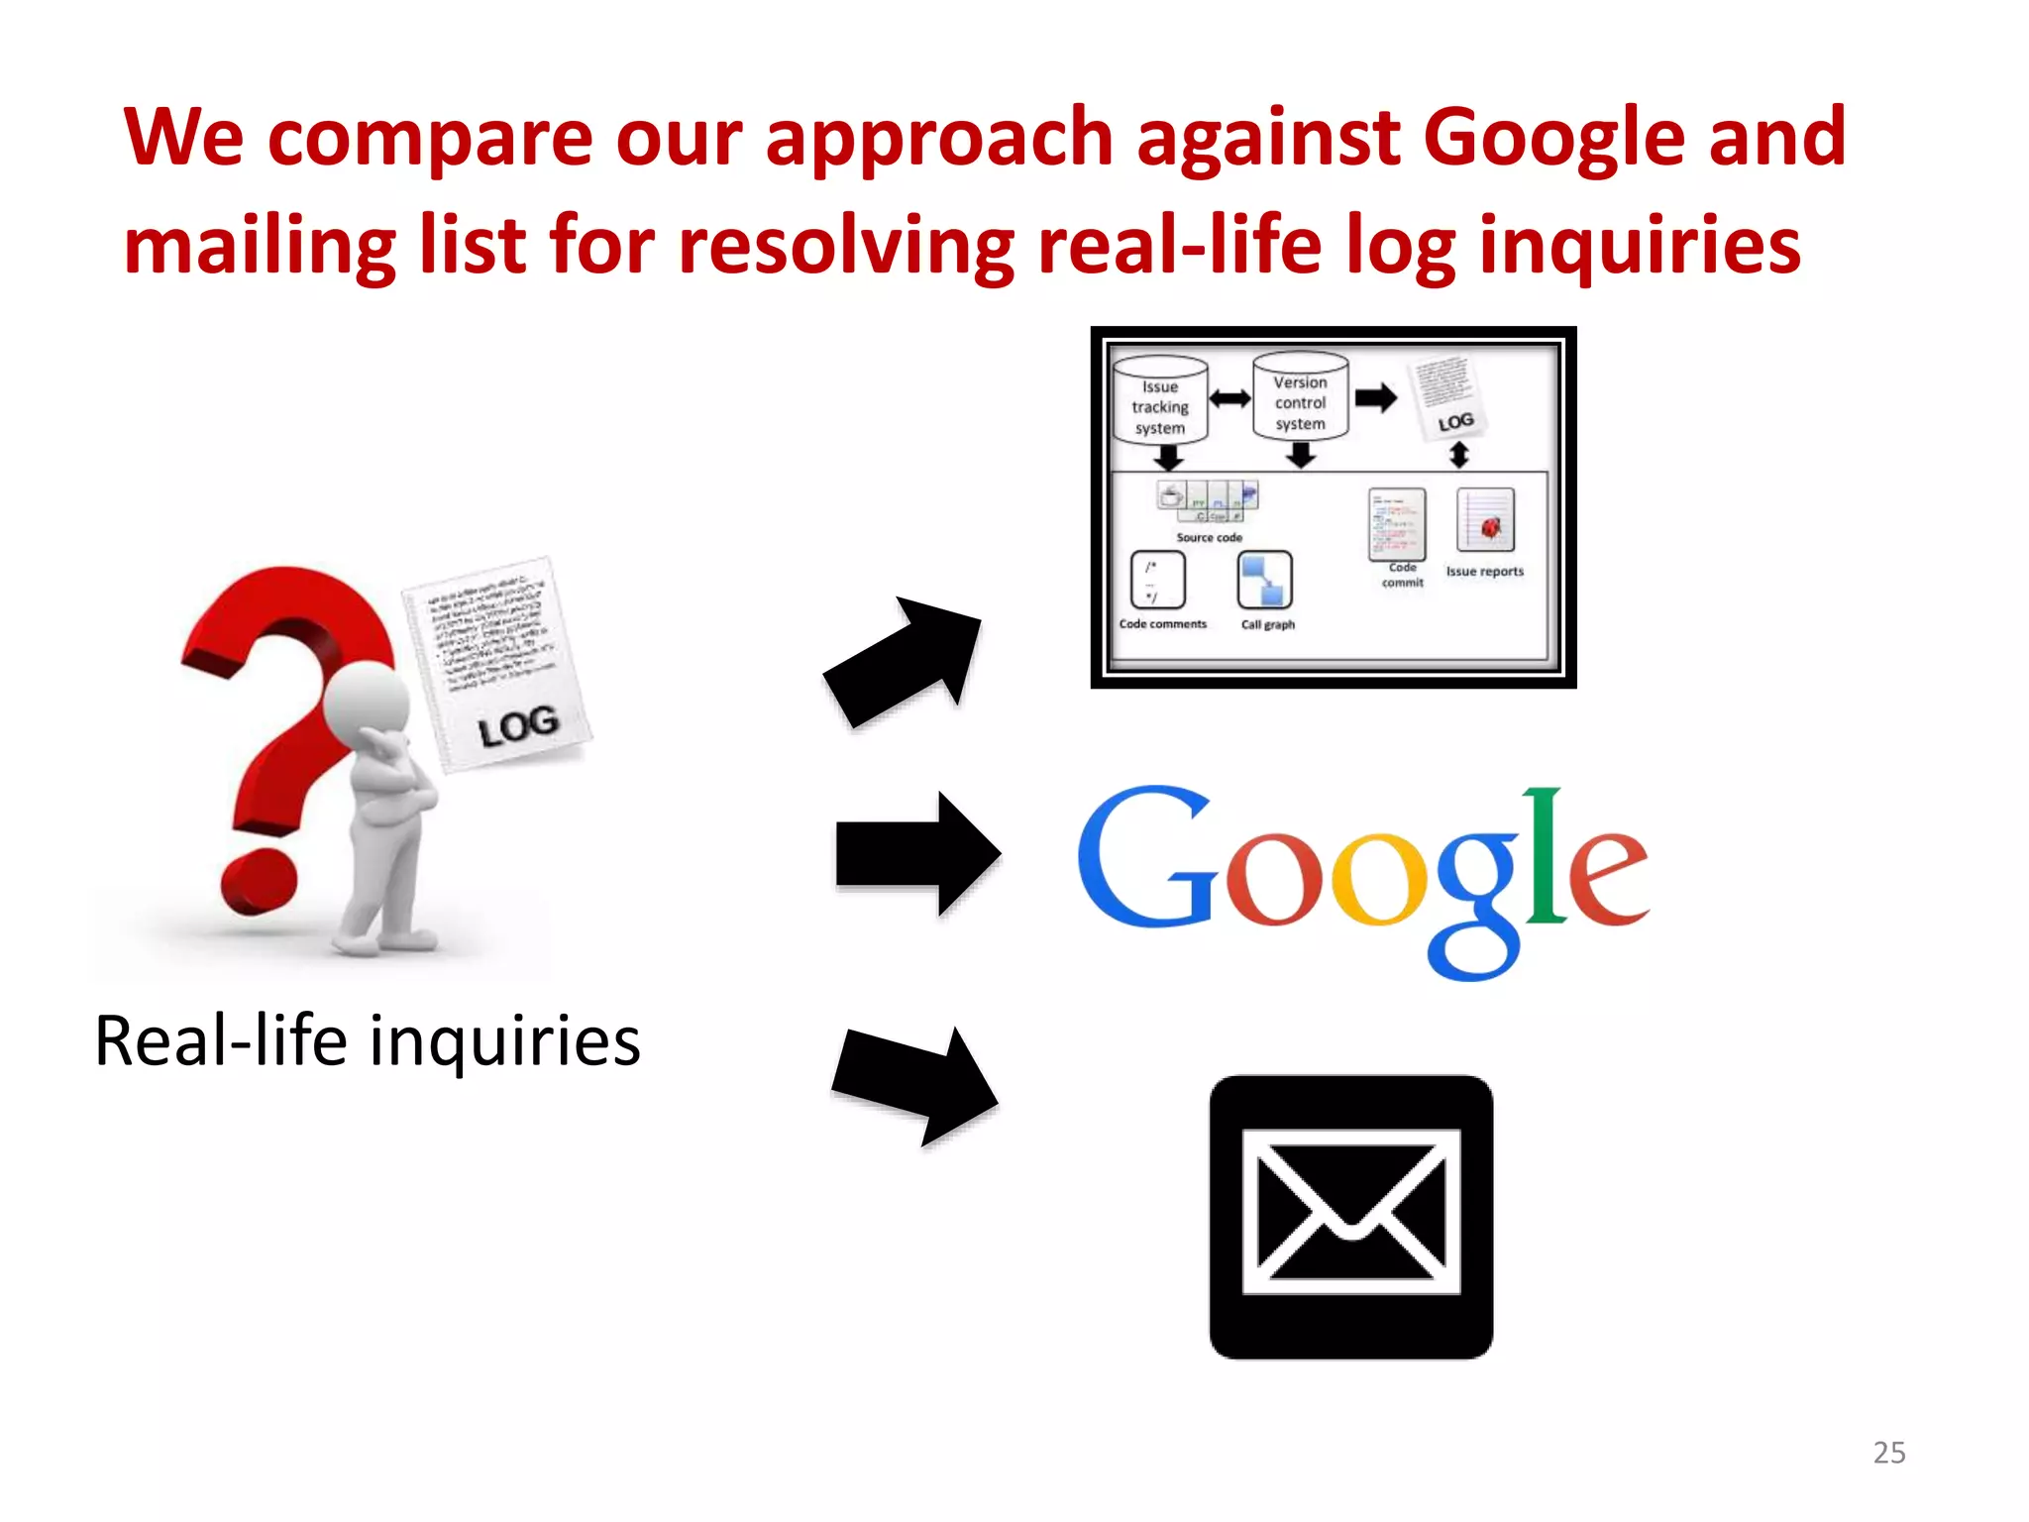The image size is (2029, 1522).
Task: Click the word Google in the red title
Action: click(x=1553, y=139)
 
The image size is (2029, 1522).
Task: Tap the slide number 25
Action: click(x=1888, y=1452)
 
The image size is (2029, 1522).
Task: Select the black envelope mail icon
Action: click(x=1350, y=1217)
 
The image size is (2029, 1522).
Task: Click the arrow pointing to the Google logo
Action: click(x=917, y=853)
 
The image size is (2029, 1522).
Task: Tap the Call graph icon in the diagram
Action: click(x=1265, y=581)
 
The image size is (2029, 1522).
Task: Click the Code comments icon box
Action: click(x=1157, y=580)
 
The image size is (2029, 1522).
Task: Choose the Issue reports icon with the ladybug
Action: click(x=1485, y=521)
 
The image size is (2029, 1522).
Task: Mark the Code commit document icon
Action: click(x=1397, y=524)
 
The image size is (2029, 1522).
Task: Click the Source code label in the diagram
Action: click(x=1209, y=537)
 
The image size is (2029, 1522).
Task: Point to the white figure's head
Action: click(x=367, y=703)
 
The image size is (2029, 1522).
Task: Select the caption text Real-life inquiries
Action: click(x=368, y=1041)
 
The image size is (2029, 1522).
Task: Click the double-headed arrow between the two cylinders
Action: click(x=1229, y=398)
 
